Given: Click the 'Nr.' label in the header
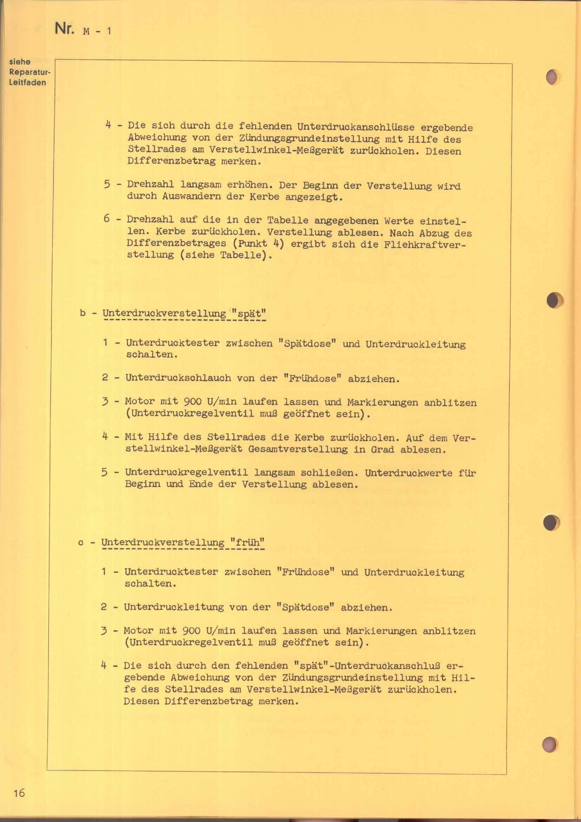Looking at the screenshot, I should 64,28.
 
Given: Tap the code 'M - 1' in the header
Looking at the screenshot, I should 97,31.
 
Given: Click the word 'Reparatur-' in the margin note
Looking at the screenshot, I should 30,72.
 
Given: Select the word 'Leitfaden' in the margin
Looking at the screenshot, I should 27,83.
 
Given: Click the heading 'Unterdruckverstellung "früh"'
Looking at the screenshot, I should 183,543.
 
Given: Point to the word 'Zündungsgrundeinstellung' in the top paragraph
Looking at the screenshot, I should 309,139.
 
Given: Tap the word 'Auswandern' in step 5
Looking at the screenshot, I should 191,196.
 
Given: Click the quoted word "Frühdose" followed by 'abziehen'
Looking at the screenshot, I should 312,379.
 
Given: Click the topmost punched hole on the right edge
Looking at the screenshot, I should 553,77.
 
